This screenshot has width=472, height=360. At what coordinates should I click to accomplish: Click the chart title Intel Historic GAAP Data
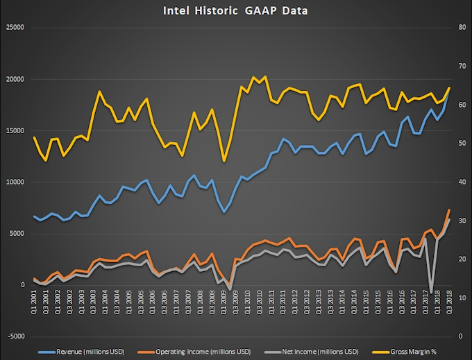236,10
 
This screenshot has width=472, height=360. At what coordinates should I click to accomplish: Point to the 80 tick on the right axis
460,28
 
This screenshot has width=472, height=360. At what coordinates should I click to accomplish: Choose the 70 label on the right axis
460,67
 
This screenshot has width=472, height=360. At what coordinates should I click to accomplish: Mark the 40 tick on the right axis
460,182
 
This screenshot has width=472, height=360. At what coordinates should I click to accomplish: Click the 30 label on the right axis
460,221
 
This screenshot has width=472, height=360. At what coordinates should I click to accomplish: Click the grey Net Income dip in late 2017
431,292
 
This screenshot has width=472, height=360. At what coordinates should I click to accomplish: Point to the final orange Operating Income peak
449,209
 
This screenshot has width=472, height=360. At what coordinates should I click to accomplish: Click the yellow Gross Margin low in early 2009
224,161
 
